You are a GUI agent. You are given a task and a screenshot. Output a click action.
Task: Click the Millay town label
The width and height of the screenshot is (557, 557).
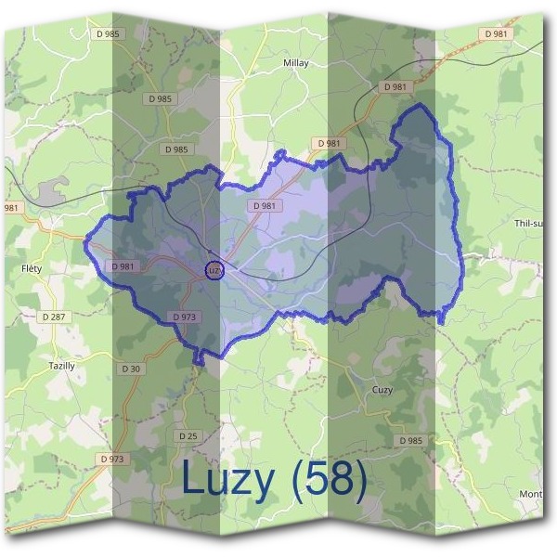(294, 63)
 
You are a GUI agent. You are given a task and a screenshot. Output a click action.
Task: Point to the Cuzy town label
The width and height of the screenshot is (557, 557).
(382, 390)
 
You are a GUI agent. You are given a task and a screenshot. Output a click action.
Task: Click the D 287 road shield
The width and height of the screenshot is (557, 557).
(55, 317)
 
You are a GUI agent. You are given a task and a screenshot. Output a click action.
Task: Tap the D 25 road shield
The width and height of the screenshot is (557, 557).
(188, 435)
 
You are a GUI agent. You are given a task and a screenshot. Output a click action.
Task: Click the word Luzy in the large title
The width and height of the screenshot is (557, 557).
(228, 478)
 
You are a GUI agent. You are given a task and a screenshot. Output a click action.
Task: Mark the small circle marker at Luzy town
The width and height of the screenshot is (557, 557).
(214, 270)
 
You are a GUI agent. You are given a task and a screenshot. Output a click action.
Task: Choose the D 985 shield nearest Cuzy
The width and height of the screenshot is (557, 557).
(410, 440)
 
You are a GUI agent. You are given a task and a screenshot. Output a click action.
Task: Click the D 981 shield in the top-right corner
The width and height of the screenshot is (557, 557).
(496, 33)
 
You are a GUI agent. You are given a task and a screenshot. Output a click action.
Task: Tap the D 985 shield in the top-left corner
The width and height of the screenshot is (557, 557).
(107, 33)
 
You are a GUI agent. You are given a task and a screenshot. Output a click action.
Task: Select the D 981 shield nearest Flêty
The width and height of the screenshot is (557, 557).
(123, 266)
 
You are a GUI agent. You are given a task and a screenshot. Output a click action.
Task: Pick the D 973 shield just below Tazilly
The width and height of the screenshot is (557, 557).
(111, 459)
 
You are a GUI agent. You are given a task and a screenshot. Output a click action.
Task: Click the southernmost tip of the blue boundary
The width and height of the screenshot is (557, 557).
(197, 362)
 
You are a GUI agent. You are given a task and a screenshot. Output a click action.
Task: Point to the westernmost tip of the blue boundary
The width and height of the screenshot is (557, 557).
(85, 243)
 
